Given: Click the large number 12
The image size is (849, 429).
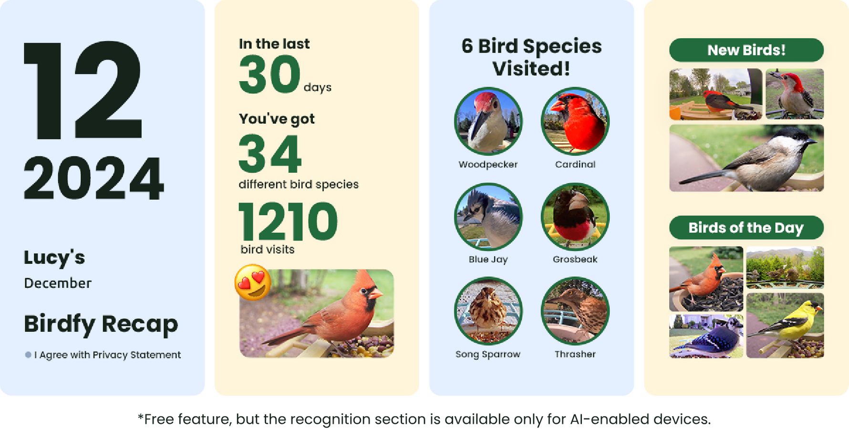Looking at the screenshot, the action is tap(83, 90).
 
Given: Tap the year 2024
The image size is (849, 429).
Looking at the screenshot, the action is tap(94, 178).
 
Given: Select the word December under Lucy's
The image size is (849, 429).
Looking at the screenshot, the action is tap(58, 283).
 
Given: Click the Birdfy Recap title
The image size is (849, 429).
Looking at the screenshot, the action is tap(101, 324).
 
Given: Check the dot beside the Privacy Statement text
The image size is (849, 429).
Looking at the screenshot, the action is tap(28, 355).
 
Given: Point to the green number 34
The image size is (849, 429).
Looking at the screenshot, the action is tap(270, 154).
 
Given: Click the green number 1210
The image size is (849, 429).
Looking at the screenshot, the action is tap(288, 221).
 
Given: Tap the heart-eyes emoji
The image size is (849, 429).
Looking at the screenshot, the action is tap(253, 282).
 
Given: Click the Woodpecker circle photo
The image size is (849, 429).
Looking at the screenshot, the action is tap(488, 121).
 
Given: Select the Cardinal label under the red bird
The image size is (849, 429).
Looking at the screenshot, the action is tap(575, 164).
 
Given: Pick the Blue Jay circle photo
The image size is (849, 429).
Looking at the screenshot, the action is tap(488, 216).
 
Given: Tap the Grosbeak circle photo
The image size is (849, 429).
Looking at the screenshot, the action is tap(575, 216).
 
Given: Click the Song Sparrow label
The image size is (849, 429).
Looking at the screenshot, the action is tap(488, 354).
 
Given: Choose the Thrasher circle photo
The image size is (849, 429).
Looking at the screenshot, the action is tap(575, 311).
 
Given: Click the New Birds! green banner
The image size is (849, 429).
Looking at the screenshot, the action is tap(746, 50).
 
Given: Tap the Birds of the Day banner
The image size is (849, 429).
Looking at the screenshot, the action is tap(746, 228).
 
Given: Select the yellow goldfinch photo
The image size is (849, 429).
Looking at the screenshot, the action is tap(785, 325).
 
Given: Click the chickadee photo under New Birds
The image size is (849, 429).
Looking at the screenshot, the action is tap(746, 158).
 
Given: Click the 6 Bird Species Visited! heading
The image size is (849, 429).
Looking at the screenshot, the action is tap(531, 57).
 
